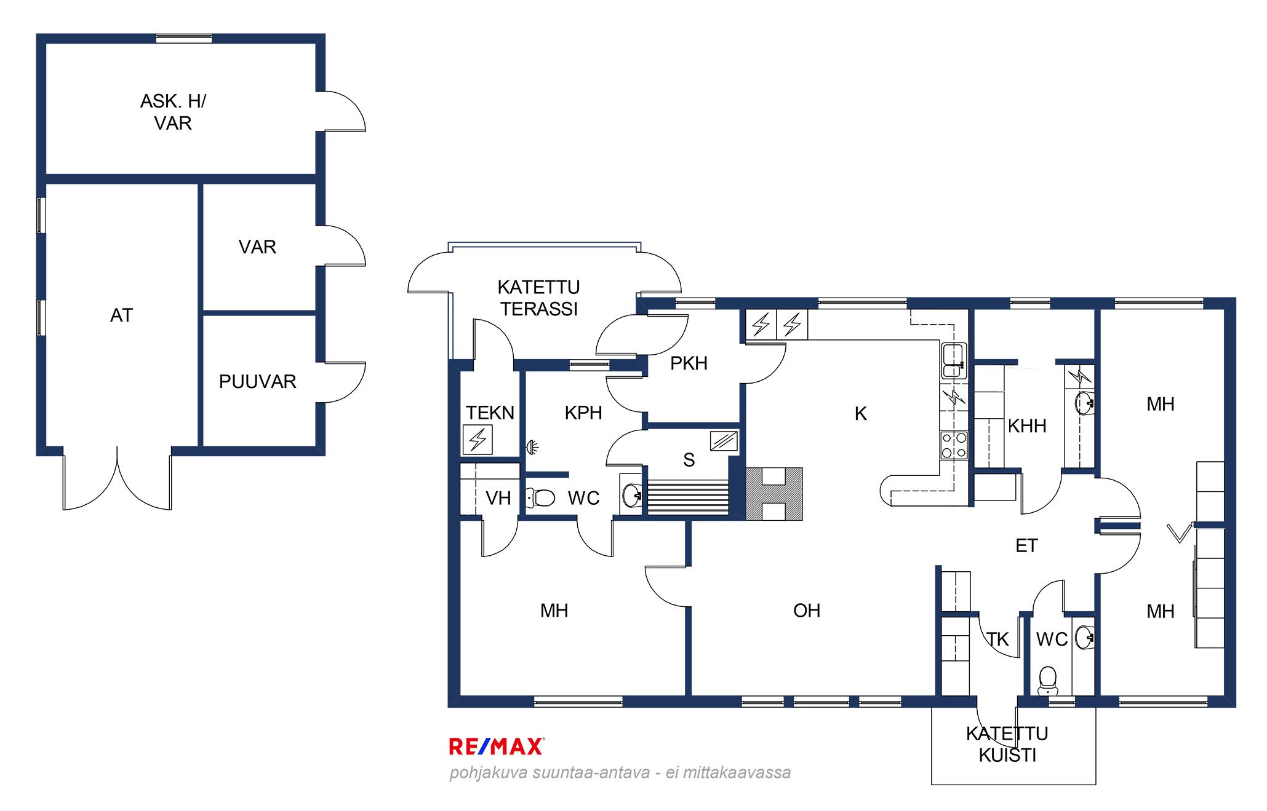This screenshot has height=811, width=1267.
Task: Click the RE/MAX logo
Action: (x=497, y=746)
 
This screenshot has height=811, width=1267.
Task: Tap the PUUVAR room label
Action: (x=258, y=382)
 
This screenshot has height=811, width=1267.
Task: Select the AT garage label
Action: (x=121, y=315)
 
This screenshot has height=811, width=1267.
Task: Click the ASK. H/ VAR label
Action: (x=174, y=112)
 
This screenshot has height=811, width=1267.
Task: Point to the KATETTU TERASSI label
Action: (x=539, y=298)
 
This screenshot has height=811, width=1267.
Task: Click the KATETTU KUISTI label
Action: (x=1007, y=744)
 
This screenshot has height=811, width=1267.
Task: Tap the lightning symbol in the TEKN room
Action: (x=478, y=440)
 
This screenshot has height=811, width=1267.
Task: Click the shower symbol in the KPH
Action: (x=533, y=447)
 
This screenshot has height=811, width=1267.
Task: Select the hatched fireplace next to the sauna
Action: (x=774, y=494)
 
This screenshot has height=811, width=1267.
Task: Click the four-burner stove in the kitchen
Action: (x=954, y=445)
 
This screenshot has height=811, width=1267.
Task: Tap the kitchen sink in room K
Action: (x=953, y=360)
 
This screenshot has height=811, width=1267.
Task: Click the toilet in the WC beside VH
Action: (x=541, y=497)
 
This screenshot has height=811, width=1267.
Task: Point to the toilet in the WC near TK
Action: (x=1047, y=681)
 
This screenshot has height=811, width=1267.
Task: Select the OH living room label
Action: (x=807, y=611)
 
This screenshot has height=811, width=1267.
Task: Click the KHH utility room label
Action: (x=1027, y=426)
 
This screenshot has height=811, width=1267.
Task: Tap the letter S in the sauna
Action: (x=689, y=460)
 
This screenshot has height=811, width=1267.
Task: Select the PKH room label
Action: (x=689, y=363)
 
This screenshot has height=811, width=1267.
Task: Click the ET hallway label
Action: (x=1026, y=545)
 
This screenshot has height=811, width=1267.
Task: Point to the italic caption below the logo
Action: (x=620, y=772)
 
